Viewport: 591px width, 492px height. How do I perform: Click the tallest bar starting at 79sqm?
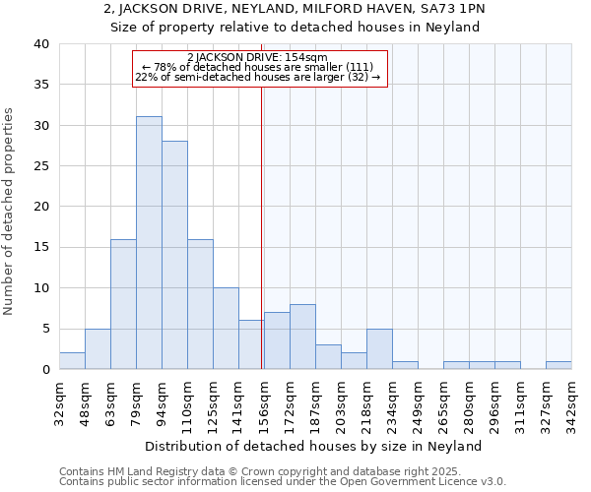[149, 243]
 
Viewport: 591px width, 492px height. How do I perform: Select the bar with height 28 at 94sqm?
[174, 255]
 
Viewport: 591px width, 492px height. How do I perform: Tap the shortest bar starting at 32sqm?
[72, 360]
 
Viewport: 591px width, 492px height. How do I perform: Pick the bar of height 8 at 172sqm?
[302, 337]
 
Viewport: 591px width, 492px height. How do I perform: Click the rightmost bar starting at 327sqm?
[558, 365]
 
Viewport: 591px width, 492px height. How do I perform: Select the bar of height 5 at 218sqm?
[379, 348]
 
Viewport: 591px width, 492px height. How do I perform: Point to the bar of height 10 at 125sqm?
[226, 328]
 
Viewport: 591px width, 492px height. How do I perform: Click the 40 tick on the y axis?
[40, 44]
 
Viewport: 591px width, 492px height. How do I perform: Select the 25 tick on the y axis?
[40, 166]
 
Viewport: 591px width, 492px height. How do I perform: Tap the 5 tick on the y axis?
[44, 329]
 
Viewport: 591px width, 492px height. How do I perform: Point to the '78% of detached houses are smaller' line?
[260, 67]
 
